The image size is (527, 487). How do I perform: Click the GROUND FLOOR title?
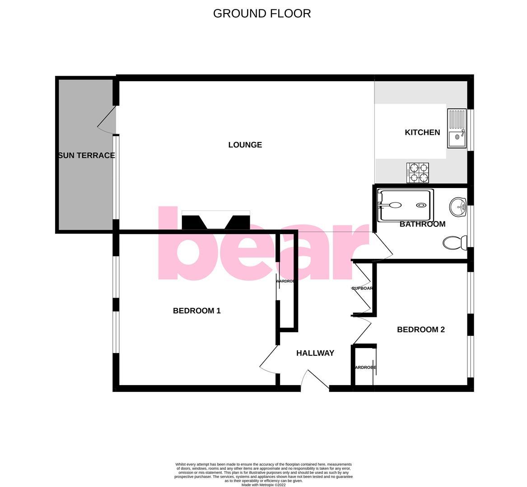tap(262, 14)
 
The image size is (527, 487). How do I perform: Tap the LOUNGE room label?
tap(245, 145)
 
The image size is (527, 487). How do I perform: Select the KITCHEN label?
tap(422, 132)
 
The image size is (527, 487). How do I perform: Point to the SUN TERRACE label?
tap(86, 156)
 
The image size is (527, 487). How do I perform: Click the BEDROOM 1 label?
tap(196, 311)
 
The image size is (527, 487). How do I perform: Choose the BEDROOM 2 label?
tap(420, 330)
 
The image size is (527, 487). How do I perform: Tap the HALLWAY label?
tap(315, 353)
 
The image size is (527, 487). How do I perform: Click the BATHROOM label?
tap(422, 224)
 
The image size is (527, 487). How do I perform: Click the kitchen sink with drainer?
tap(457, 128)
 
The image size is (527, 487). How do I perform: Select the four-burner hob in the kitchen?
tap(418, 173)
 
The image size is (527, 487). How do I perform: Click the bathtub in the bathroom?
tap(406, 205)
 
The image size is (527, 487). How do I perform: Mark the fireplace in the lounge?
tap(215, 221)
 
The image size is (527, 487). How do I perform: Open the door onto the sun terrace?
tap(107, 119)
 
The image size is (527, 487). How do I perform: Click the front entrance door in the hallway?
tap(316, 379)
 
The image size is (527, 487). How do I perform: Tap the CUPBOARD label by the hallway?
tap(362, 288)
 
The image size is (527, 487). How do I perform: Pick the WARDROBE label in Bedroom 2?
tap(365, 368)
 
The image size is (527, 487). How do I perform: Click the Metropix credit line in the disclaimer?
tap(263, 485)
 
